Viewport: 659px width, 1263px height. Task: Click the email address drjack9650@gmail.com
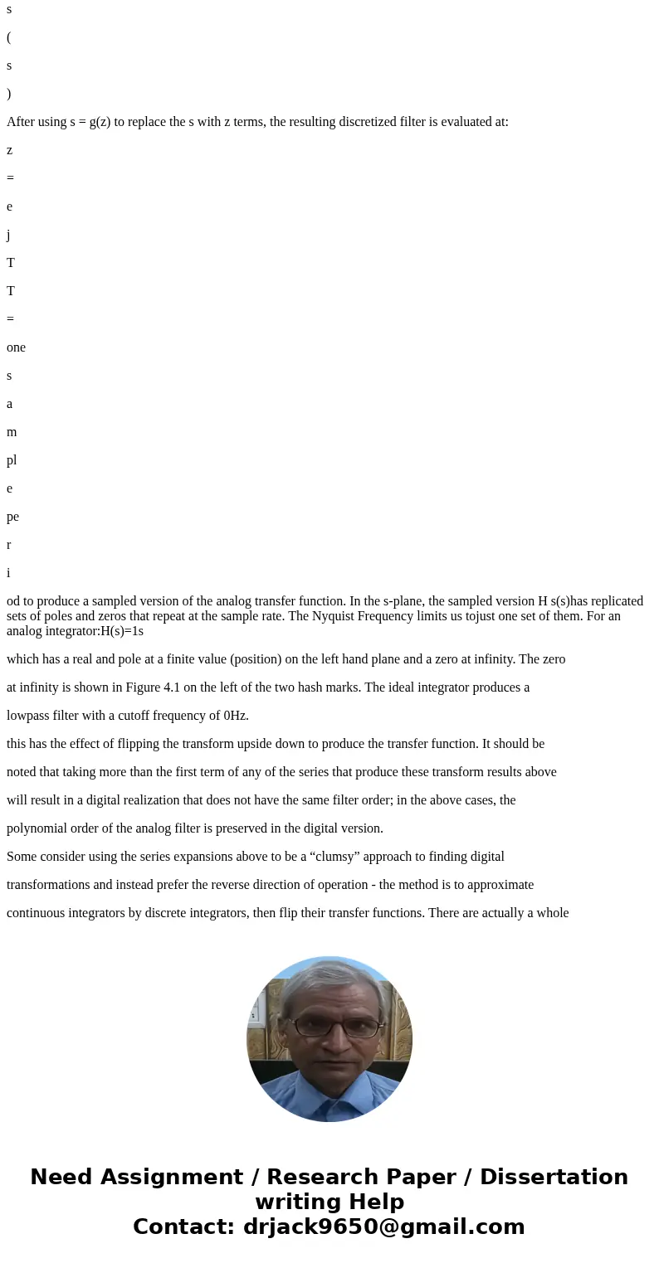(x=383, y=1227)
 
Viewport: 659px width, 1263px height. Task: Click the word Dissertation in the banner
(x=554, y=1178)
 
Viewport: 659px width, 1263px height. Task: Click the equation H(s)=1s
(x=122, y=631)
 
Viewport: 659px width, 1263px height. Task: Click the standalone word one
(x=16, y=347)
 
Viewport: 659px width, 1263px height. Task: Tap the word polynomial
(x=39, y=828)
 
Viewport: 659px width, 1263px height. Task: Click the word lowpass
(x=31, y=716)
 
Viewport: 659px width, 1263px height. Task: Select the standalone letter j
(x=9, y=235)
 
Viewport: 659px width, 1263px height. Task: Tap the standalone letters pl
(x=12, y=460)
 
